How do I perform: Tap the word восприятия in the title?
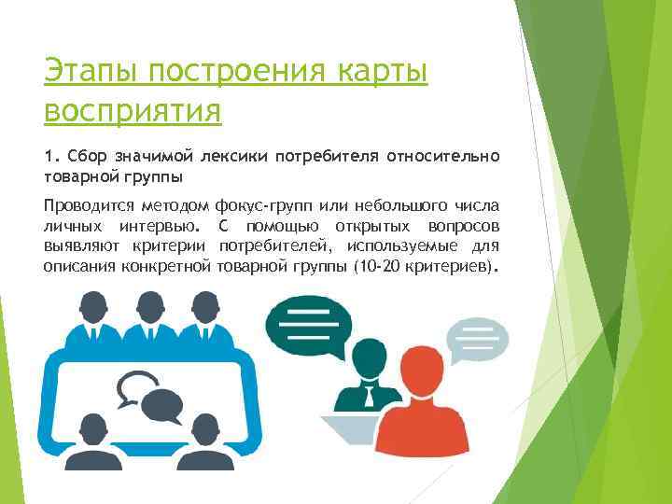pyautogui.click(x=133, y=111)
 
